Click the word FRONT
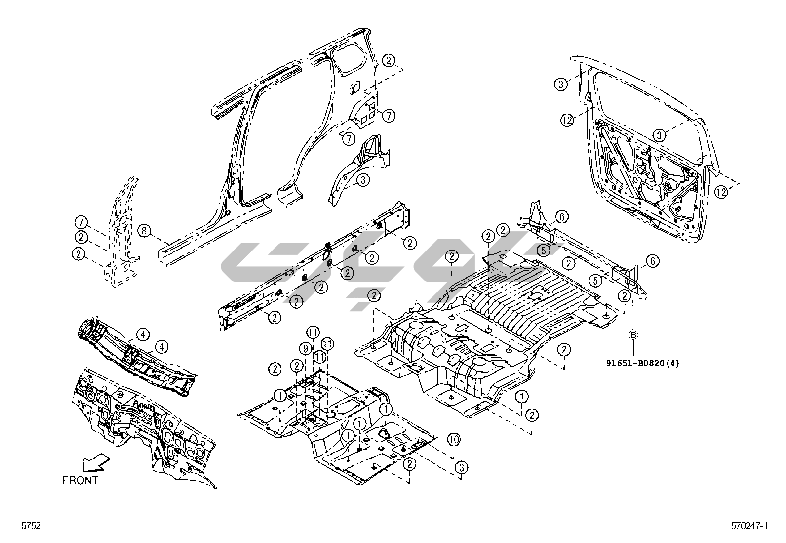coord(80,480)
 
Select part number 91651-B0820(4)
coord(643,363)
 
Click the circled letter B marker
coord(633,335)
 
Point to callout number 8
coord(143,230)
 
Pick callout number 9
coord(306,348)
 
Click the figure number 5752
coord(30,526)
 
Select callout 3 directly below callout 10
coord(461,467)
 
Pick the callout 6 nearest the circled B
coord(652,261)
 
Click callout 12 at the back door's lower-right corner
coord(721,192)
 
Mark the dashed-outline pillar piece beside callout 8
coord(121,232)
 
